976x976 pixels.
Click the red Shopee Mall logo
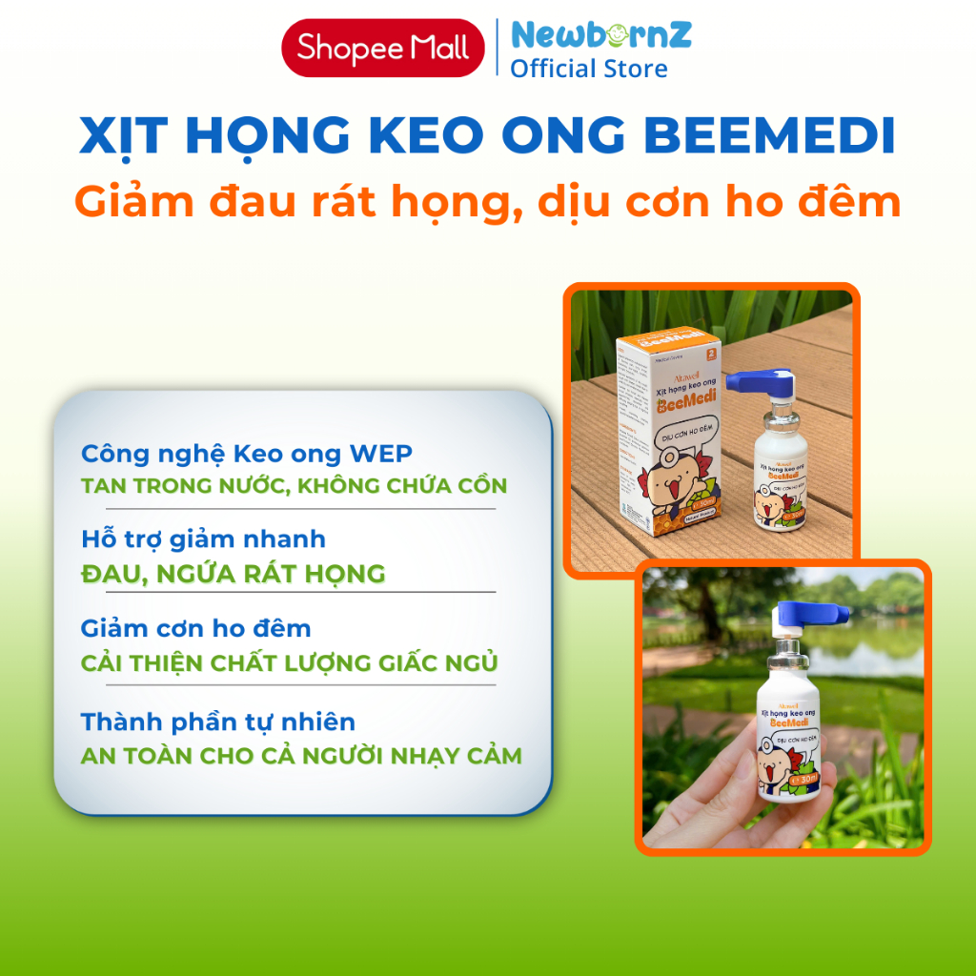pos(382,48)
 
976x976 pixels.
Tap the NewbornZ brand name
pos(600,35)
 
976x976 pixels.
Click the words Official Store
pos(588,69)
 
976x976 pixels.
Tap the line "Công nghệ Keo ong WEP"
pos(247,453)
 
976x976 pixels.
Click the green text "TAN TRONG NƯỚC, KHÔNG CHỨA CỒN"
pos(295,485)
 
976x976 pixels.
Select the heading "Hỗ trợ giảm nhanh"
pos(203,539)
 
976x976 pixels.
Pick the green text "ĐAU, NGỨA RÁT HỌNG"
pos(234,573)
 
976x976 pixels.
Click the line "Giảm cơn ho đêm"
pos(195,628)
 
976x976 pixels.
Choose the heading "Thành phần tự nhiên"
pos(218,722)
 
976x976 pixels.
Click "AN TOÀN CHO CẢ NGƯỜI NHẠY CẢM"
pos(301,756)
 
